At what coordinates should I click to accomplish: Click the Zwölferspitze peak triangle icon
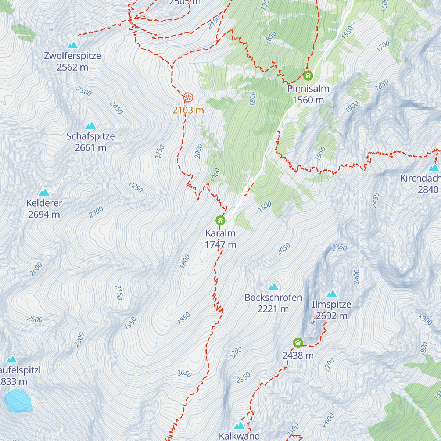[x=72, y=45]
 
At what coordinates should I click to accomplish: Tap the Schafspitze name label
[x=90, y=136]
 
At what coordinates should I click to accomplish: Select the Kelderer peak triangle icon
[x=44, y=192]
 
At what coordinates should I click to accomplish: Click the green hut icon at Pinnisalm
[x=308, y=76]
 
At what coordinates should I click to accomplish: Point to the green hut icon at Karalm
[x=220, y=220]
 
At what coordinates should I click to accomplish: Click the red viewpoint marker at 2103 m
[x=188, y=97]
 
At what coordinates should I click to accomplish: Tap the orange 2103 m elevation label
[x=188, y=110]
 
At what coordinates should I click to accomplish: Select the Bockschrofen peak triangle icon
[x=273, y=287]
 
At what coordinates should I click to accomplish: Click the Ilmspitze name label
[x=331, y=304]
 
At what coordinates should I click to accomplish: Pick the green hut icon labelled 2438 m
[x=298, y=343]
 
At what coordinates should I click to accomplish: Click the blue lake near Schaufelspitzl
[x=18, y=401]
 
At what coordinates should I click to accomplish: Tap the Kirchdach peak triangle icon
[x=434, y=168]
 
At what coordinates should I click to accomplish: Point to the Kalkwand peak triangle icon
[x=239, y=426]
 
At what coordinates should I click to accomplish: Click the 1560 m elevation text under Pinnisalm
[x=308, y=100]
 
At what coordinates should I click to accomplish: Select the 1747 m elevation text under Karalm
[x=220, y=244]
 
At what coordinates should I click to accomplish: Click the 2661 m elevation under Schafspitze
[x=90, y=147]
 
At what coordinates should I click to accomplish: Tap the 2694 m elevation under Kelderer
[x=44, y=214]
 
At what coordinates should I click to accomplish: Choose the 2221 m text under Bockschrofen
[x=273, y=309]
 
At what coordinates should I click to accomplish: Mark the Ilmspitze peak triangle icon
[x=331, y=294]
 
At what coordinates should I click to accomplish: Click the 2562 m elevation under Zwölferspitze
[x=72, y=67]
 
